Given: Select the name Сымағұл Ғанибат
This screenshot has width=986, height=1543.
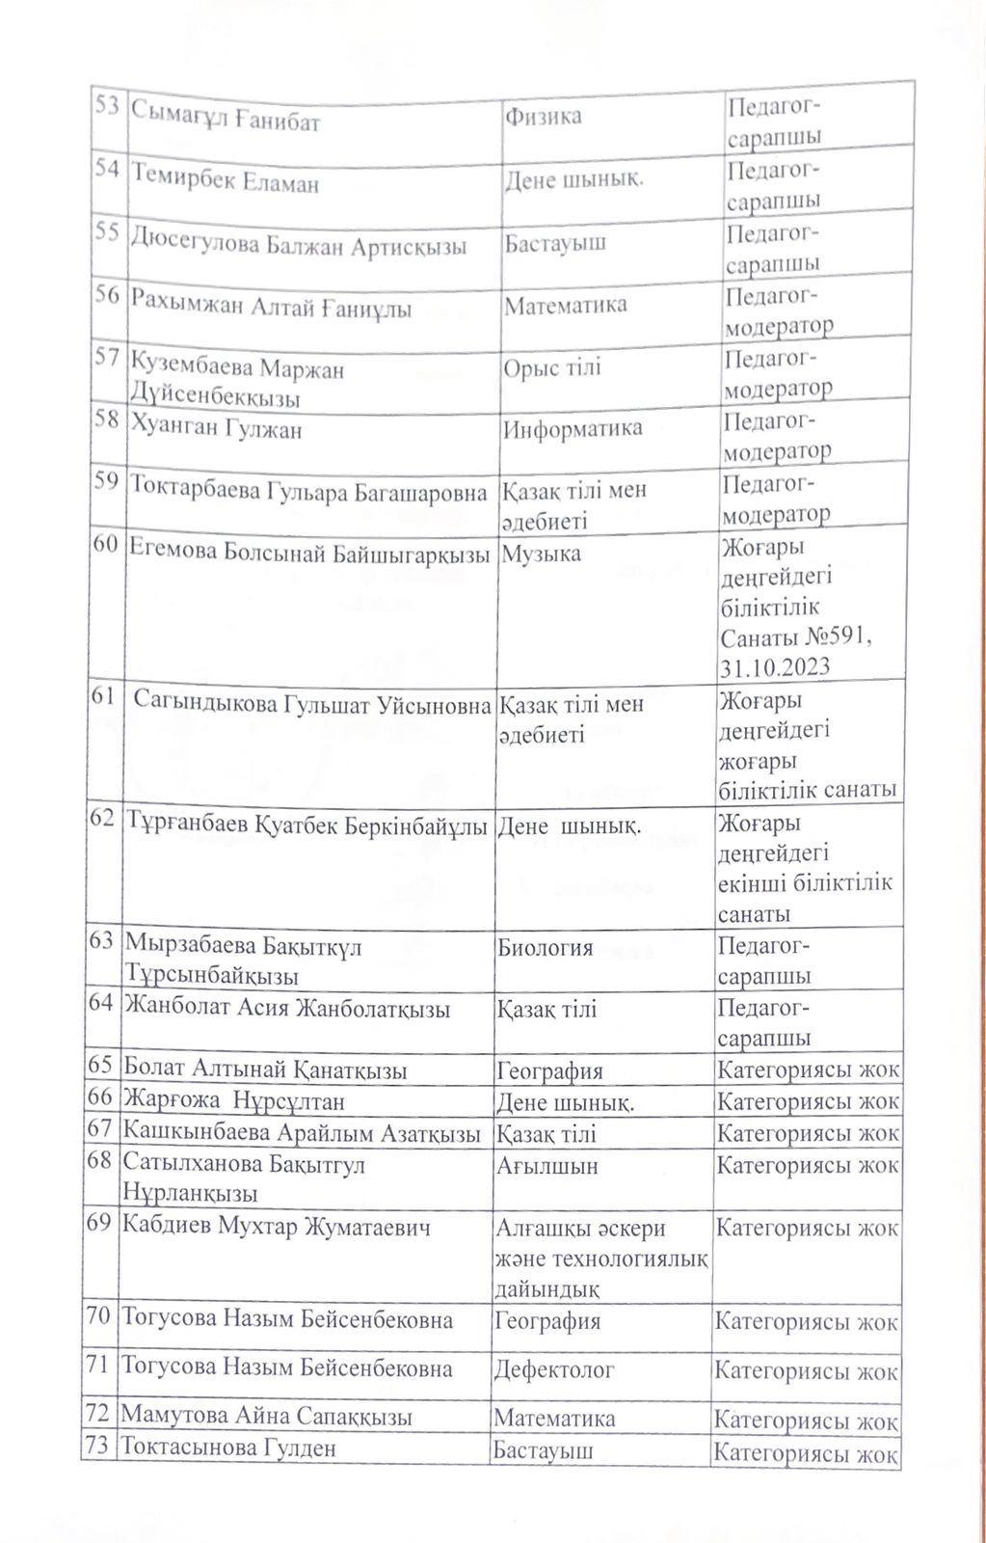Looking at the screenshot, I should [226, 122].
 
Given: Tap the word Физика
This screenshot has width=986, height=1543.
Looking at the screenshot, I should [543, 117].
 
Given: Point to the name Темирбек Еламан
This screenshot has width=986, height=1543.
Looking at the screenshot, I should [225, 182].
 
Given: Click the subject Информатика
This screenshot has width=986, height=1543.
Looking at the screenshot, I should [573, 428].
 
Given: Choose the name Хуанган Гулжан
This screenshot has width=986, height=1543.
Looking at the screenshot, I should [216, 429].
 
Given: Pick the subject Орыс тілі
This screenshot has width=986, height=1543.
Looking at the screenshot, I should [552, 367].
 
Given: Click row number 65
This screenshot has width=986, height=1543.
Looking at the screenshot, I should [99, 1066].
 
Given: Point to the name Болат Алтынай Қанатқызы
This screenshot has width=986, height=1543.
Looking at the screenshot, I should [265, 1069].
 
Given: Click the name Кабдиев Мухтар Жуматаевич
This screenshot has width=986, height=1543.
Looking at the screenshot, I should [276, 1228].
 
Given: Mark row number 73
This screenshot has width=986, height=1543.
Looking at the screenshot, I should [97, 1447].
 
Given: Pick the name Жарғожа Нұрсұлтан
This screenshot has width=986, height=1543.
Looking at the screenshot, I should [234, 1100].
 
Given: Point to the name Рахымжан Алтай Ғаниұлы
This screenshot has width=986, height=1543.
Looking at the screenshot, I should [271, 309].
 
